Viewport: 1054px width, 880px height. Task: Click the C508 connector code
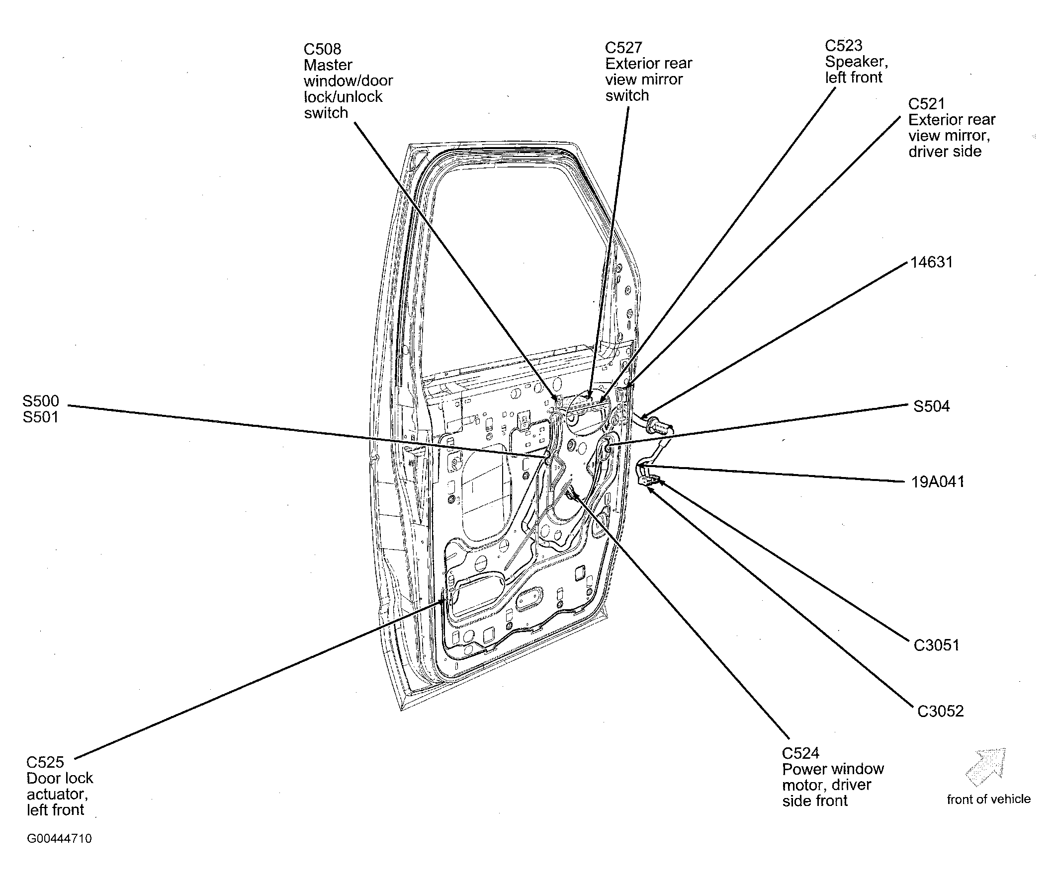coord(322,49)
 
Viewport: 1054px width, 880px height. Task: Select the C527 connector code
coord(623,48)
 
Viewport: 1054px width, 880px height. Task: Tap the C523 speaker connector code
coord(844,46)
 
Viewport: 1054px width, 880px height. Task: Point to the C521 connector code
coord(927,104)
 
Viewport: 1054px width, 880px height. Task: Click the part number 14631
coord(932,262)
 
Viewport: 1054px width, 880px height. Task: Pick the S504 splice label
coord(932,406)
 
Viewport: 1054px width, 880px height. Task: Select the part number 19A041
coord(938,481)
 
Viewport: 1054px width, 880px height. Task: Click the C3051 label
coord(937,644)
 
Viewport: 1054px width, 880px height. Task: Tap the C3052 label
coord(941,711)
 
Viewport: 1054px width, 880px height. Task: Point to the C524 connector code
coord(800,753)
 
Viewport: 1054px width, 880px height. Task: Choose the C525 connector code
coord(45,762)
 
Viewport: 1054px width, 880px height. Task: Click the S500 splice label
coord(41,401)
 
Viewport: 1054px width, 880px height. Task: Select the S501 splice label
coord(41,417)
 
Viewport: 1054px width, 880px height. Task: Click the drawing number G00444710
coord(59,838)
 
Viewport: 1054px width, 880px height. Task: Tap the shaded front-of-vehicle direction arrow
coord(985,767)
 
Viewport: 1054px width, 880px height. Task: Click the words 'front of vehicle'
coord(989,799)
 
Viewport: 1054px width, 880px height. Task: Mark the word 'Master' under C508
coord(328,65)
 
